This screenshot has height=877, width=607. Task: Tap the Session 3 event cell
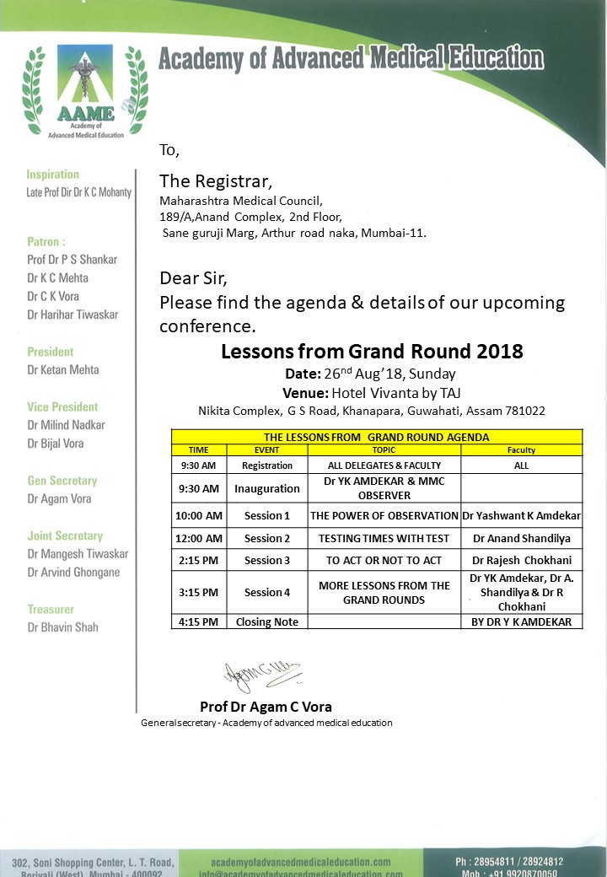coord(266,561)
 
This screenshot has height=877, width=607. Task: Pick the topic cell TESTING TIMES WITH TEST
coord(384,538)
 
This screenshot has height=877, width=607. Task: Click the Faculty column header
coord(522,450)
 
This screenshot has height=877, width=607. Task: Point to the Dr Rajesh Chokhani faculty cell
coord(522,561)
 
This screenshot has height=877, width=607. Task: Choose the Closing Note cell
coord(266,622)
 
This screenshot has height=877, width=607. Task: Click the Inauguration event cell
coord(266,489)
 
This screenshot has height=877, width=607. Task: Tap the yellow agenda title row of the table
coord(376,438)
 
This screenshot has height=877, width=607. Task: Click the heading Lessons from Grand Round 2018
coord(372,351)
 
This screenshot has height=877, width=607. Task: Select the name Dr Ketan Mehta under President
coord(63,369)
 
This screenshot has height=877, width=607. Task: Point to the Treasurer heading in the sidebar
coord(51,609)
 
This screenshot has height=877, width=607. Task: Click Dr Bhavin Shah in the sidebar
coord(62,627)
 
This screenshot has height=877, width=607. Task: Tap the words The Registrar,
coord(216,180)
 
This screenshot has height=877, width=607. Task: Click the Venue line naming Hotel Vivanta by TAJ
coord(371,392)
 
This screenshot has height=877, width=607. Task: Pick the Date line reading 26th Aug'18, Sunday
coord(371,374)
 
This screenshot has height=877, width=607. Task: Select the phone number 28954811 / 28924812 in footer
coord(509,862)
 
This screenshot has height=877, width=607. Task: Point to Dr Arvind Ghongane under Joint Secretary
coord(73,572)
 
